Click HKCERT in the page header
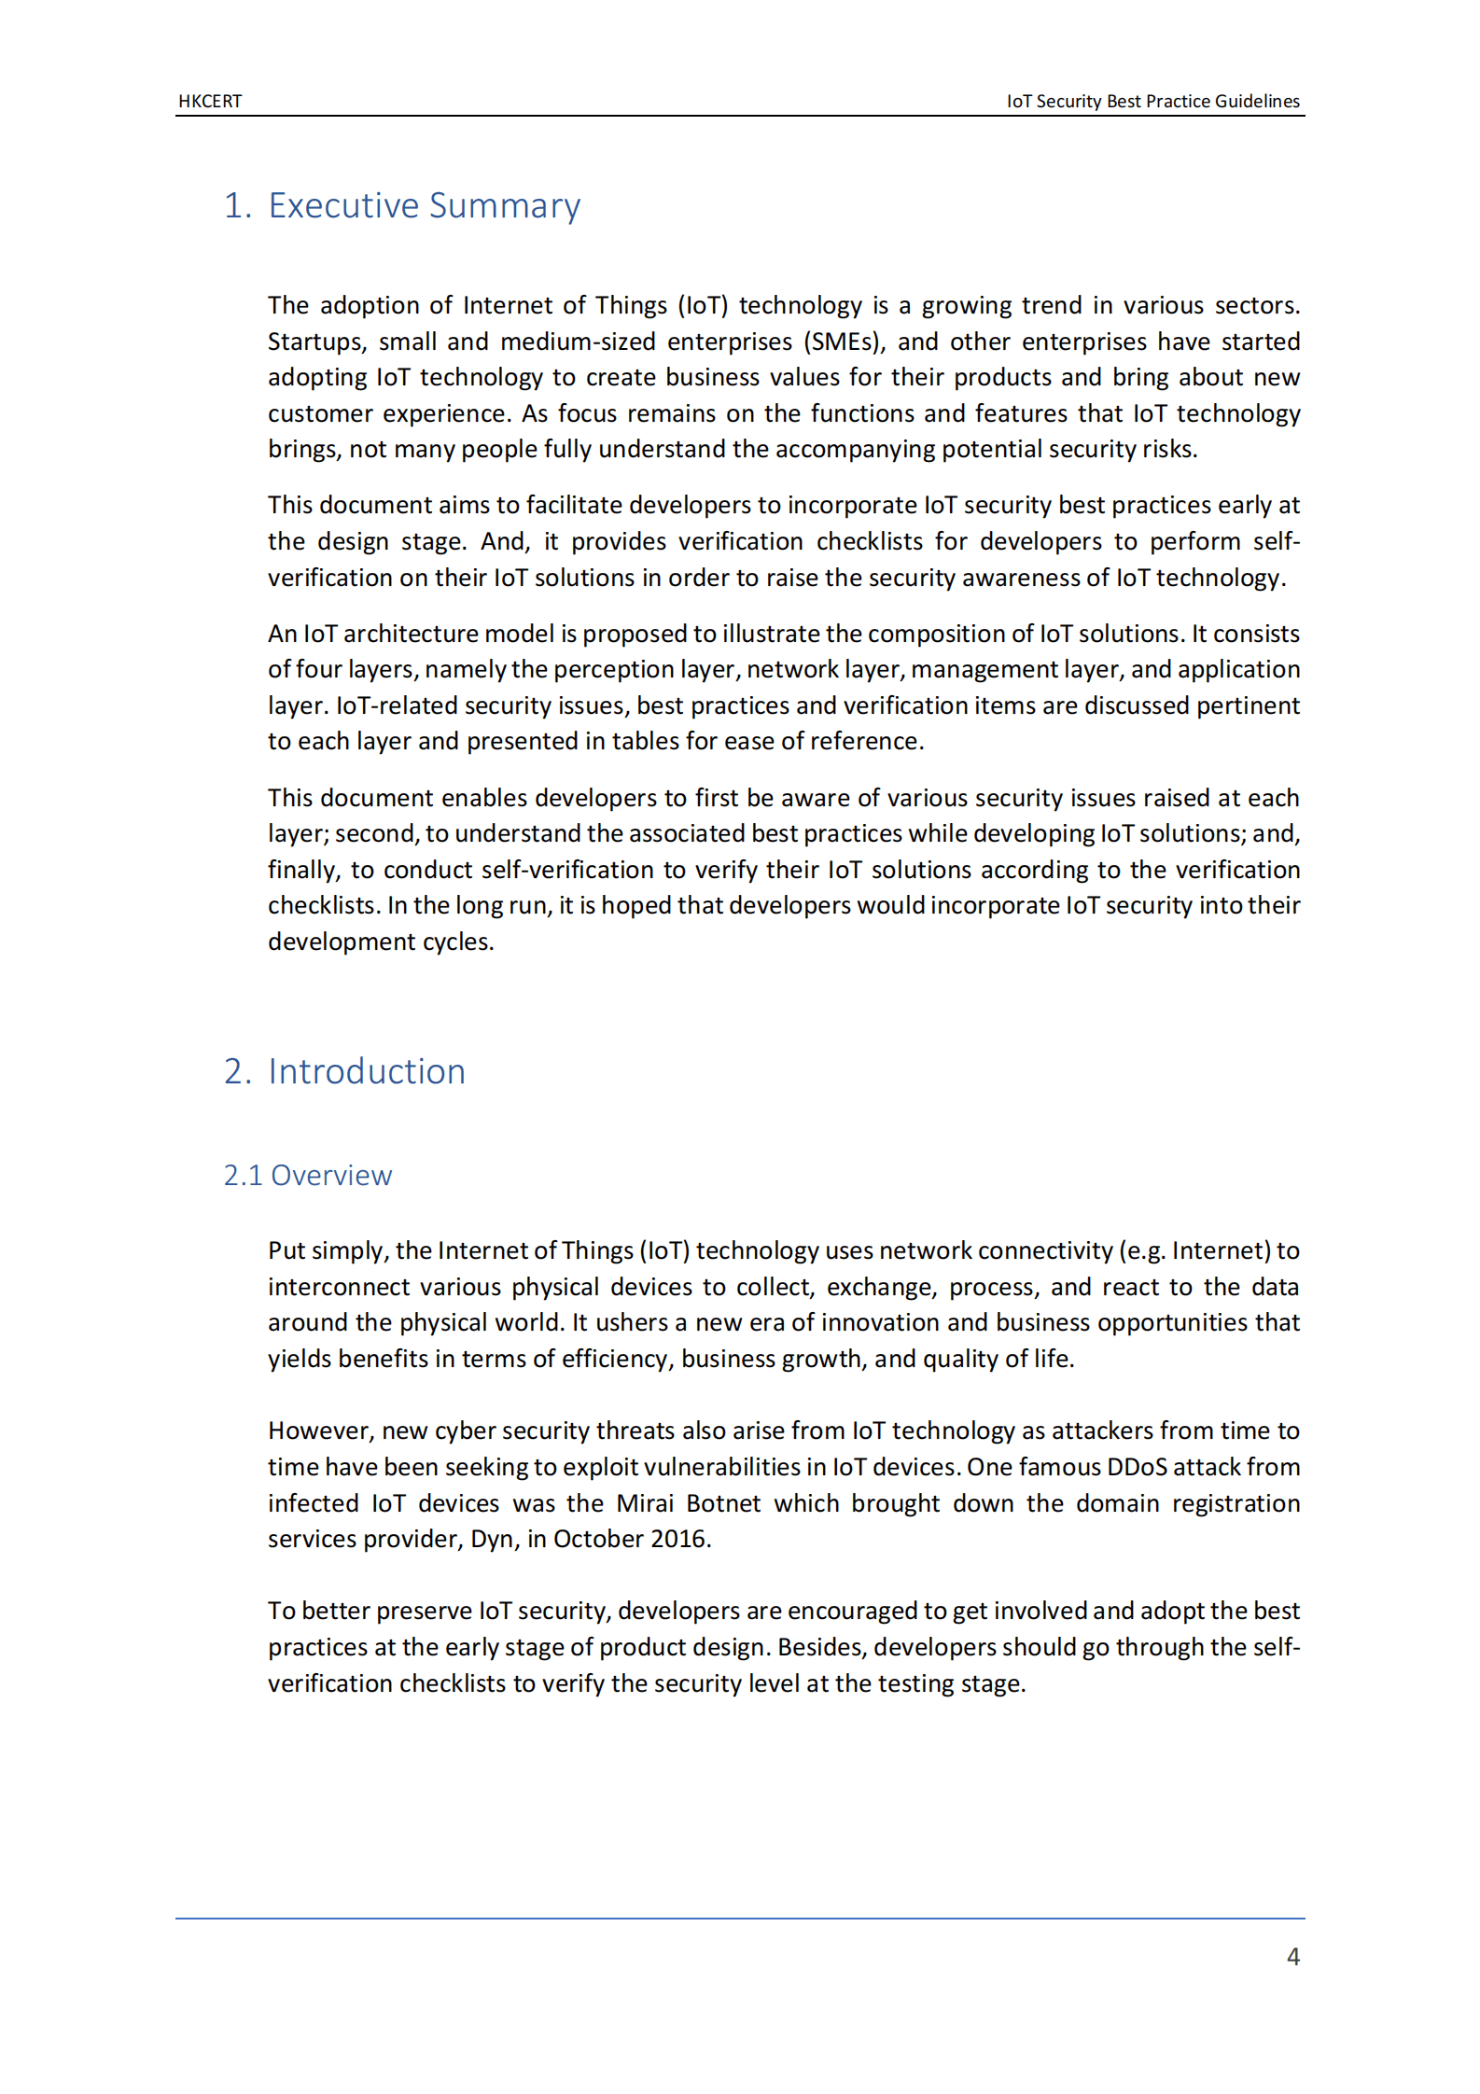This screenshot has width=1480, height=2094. [210, 101]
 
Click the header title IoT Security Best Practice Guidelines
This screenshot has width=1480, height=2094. [1152, 101]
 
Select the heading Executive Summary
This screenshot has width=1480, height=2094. [424, 205]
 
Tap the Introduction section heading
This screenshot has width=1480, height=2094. [366, 1071]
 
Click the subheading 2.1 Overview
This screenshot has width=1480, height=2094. [307, 1175]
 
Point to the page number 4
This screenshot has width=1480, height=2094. [1292, 1957]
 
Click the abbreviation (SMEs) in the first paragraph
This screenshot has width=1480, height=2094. [844, 342]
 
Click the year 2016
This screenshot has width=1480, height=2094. [678, 1539]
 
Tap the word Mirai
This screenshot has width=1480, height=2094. [645, 1503]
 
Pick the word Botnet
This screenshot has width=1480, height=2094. [723, 1503]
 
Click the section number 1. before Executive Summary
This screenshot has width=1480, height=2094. [237, 205]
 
